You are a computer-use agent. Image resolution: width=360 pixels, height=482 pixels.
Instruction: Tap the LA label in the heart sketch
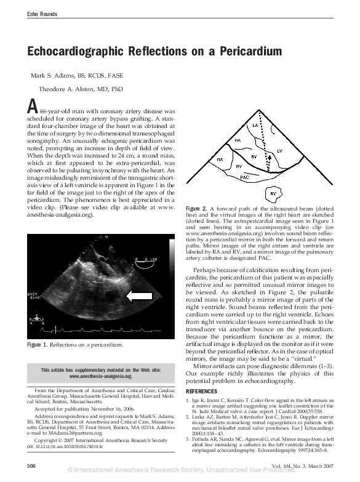(x=255, y=126)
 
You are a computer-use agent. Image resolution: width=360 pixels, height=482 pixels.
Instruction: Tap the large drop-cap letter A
(x=32, y=106)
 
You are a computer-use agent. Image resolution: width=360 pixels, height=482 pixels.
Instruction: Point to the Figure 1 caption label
(x=39, y=345)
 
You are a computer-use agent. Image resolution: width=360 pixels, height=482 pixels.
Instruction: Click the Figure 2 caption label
(x=198, y=210)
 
